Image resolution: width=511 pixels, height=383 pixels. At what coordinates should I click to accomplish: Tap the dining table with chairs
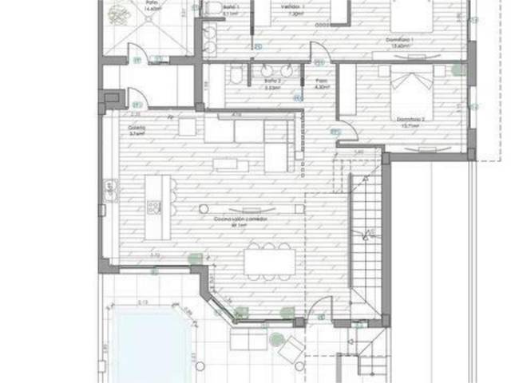tap(270, 263)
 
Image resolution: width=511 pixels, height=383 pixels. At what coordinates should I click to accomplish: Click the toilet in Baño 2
tap(237, 77)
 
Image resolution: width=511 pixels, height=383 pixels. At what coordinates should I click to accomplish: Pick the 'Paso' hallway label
tap(321, 81)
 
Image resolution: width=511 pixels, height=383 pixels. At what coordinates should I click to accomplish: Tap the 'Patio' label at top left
tap(151, 3)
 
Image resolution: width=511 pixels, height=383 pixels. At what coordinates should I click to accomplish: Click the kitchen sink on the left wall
tap(109, 190)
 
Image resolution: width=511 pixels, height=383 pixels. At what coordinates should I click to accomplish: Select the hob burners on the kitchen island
tap(154, 207)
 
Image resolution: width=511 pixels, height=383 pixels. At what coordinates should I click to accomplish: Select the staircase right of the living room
tap(368, 231)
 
